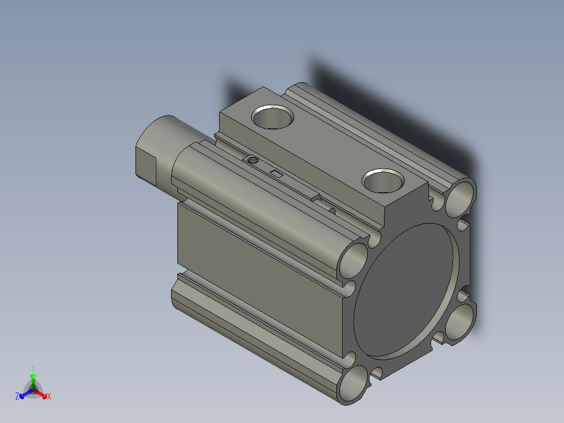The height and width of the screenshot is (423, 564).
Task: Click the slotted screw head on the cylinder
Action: (253, 160)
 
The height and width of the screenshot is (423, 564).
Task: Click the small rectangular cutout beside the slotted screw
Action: (276, 173)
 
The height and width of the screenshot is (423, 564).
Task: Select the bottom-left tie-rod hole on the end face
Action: (354, 385)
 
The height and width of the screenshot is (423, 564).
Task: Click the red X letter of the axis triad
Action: (49, 397)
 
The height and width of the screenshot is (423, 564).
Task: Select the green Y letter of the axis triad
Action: (33, 368)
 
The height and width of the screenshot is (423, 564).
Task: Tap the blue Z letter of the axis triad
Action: (17, 397)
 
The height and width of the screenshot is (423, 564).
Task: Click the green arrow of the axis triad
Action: (33, 379)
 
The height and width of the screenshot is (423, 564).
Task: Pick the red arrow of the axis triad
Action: (41, 393)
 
